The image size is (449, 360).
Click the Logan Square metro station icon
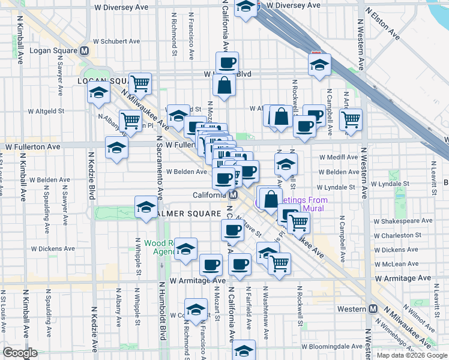click(85, 52)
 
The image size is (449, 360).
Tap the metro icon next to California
click(234, 195)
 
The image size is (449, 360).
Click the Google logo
click(20, 352)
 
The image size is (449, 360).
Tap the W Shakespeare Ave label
click(402, 221)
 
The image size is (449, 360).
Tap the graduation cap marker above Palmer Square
click(145, 207)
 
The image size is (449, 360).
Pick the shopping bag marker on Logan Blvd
click(224, 85)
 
